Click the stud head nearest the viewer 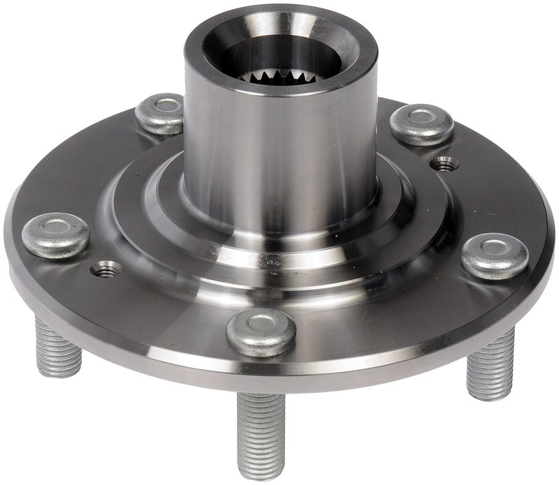(x=261, y=330)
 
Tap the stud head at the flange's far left (x=55, y=235)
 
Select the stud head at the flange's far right (x=494, y=255)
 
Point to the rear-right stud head (x=421, y=124)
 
